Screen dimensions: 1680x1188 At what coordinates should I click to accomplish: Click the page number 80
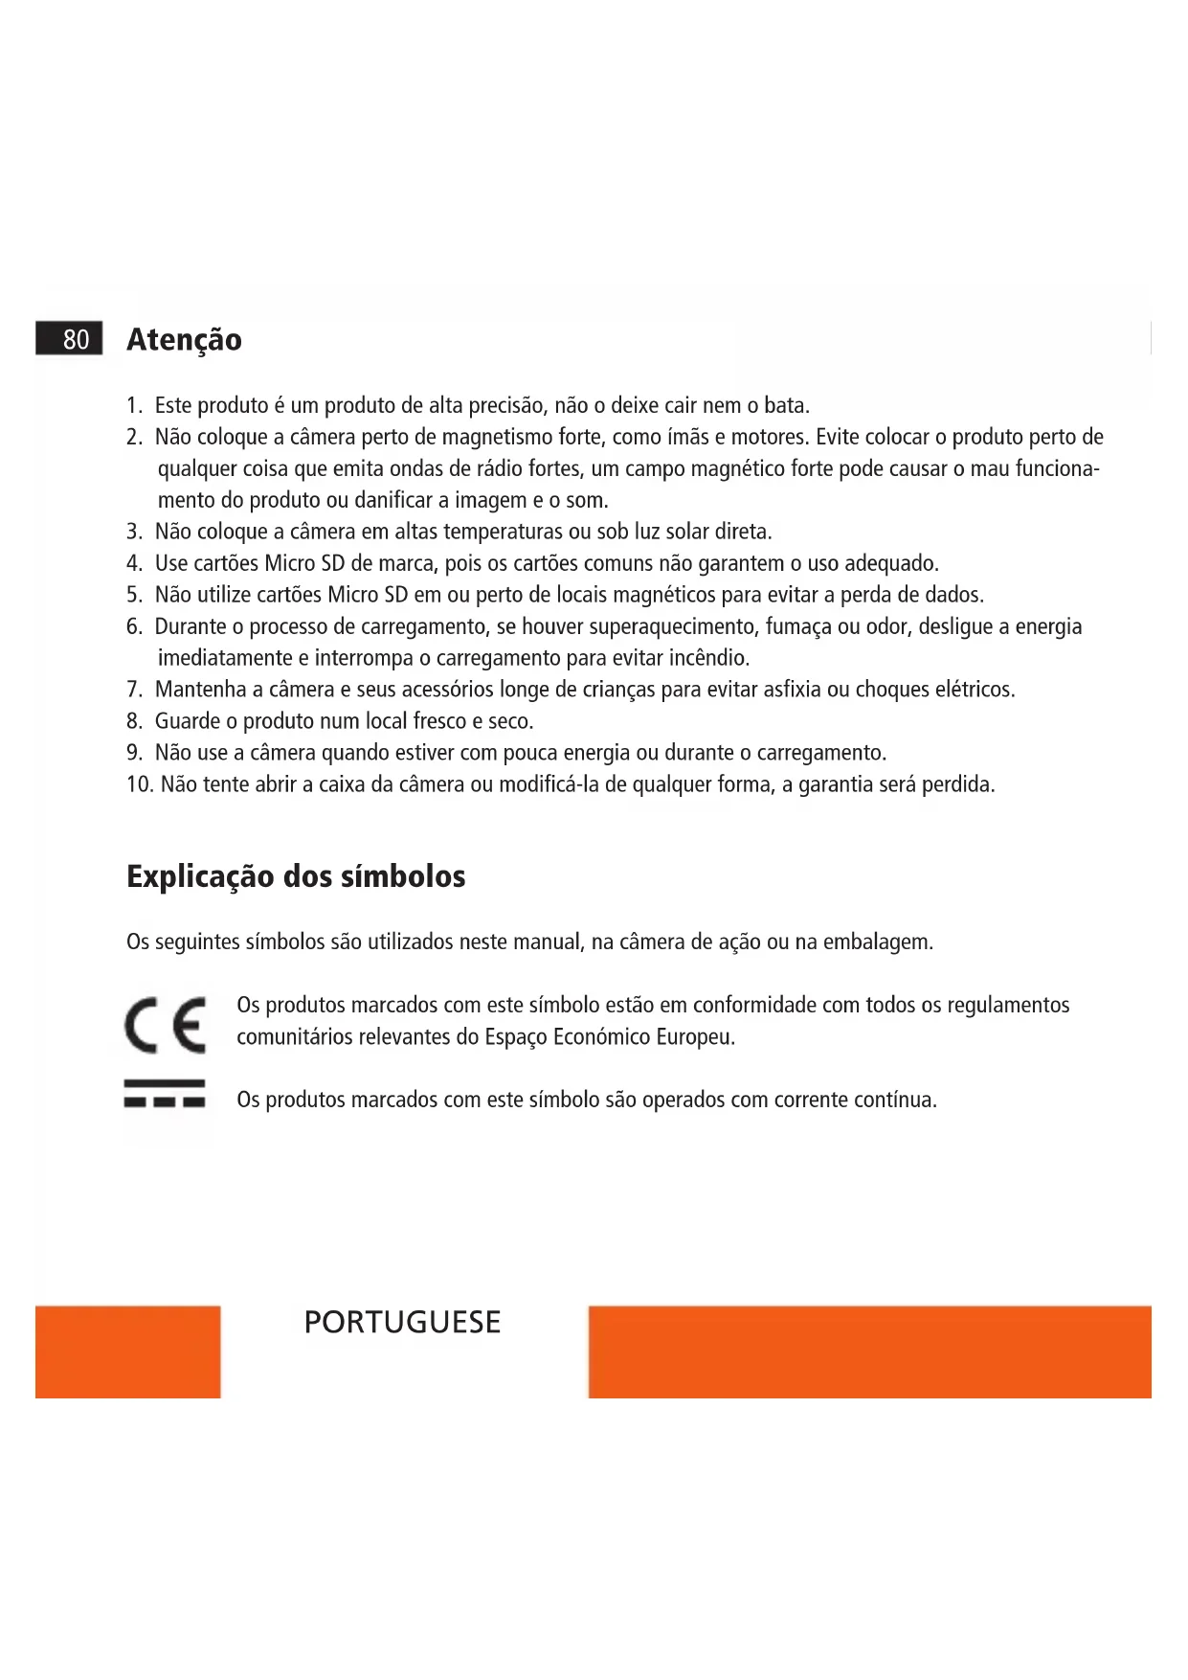[76, 339]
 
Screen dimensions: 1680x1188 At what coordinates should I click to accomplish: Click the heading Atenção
[184, 340]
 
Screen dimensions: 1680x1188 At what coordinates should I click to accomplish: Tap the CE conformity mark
[165, 1025]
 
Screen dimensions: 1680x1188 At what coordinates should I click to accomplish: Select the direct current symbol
[165, 1094]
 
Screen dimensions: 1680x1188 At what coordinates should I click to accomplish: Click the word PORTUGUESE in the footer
[402, 1322]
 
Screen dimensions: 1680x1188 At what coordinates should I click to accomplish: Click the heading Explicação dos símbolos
[296, 876]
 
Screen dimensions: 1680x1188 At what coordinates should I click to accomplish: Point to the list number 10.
[139, 784]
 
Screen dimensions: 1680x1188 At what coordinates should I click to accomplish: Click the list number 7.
[134, 690]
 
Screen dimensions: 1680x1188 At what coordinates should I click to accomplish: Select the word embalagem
[876, 942]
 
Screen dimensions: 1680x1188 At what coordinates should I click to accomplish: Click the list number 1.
[134, 406]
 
